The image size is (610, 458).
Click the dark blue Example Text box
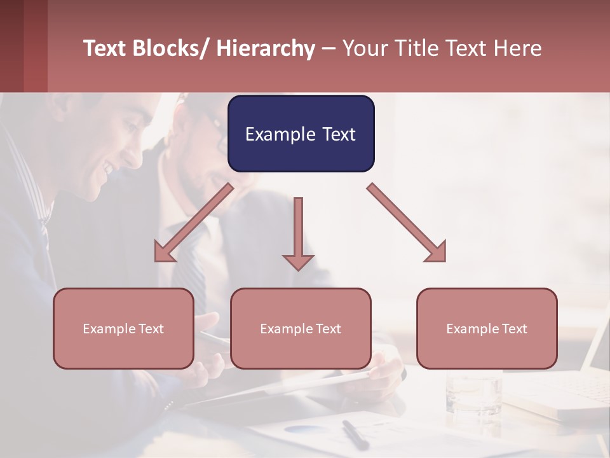[x=301, y=134]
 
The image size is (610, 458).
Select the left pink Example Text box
[x=123, y=328]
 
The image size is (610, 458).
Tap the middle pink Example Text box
[x=301, y=328]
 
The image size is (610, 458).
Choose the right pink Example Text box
[x=487, y=328]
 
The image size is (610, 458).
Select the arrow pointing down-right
[x=407, y=223]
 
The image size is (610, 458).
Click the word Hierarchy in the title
[x=266, y=48]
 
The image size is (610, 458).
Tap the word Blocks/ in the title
[x=170, y=48]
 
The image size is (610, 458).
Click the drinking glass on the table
[x=473, y=391]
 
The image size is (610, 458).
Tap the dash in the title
[x=329, y=49]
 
